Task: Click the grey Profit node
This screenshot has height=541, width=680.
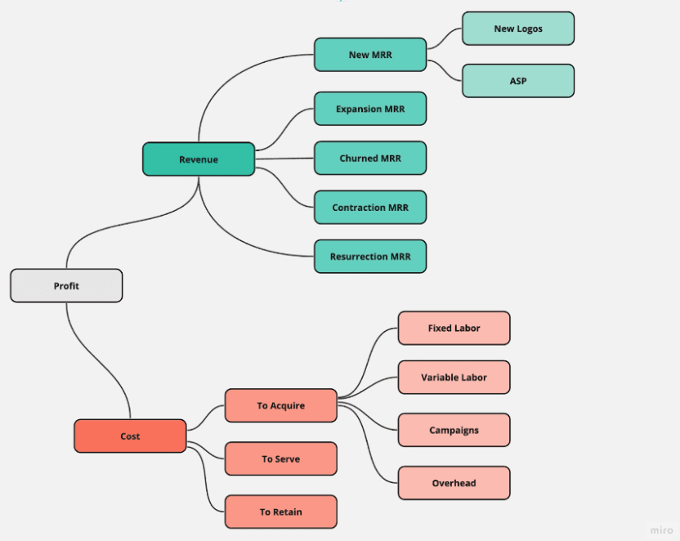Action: point(66,286)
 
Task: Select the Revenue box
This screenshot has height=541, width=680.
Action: point(199,159)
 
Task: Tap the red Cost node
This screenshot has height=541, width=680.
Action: point(130,436)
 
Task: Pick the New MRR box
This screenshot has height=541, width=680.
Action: point(370,55)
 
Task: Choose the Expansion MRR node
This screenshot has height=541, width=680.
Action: point(370,109)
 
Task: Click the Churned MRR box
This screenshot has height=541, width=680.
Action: point(370,159)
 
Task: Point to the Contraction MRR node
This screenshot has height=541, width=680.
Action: point(370,208)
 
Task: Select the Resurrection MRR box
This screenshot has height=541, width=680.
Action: point(370,257)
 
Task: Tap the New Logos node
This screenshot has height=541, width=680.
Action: point(518,29)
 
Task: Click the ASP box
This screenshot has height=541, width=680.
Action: point(518,81)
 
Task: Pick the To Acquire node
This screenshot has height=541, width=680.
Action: point(280,405)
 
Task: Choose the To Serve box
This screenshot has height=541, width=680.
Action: point(280,459)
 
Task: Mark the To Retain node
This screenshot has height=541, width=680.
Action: point(280,512)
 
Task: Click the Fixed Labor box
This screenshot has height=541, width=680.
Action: point(454,329)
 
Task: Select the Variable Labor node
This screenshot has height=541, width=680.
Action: point(454,378)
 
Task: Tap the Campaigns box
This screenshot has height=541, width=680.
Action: point(454,431)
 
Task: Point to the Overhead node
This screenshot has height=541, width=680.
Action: point(454,483)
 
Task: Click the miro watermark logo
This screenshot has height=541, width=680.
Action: point(662,530)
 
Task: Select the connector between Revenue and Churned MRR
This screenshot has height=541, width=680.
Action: point(284,159)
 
